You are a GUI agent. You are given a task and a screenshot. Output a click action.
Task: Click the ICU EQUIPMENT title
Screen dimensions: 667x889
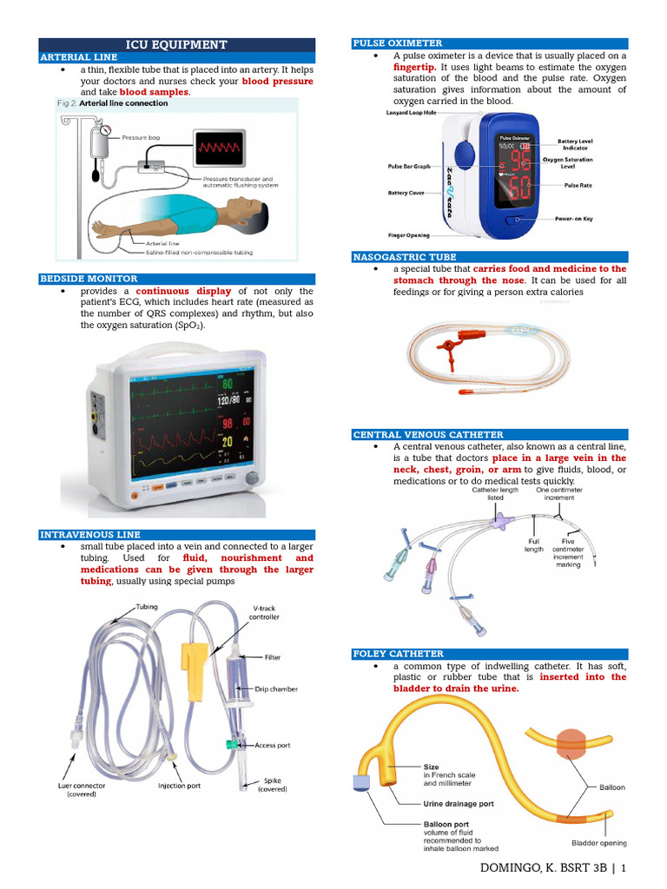pyautogui.click(x=176, y=44)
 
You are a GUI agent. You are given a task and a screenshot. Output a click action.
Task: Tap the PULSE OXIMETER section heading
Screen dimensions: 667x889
pyautogui.click(x=397, y=43)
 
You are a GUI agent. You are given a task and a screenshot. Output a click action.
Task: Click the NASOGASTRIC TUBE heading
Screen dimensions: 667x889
pyautogui.click(x=404, y=257)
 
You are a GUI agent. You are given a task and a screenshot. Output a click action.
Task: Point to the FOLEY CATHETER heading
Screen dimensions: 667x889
pyautogui.click(x=398, y=653)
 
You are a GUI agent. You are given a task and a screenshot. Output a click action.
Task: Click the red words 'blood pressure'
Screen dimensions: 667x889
pyautogui.click(x=277, y=81)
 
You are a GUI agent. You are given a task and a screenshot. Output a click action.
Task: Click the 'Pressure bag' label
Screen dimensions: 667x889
pyautogui.click(x=140, y=138)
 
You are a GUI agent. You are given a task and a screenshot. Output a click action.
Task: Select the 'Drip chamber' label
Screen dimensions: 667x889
pyautogui.click(x=276, y=689)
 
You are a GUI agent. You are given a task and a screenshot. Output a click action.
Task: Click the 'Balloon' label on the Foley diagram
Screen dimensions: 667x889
pyautogui.click(x=611, y=787)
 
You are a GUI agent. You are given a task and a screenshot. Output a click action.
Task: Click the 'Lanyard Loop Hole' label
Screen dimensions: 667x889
pyautogui.click(x=411, y=113)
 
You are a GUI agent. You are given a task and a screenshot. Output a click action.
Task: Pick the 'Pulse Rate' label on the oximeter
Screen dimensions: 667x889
pyautogui.click(x=578, y=185)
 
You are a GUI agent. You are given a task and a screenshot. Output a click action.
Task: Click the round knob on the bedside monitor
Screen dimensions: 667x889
pyautogui.click(x=252, y=477)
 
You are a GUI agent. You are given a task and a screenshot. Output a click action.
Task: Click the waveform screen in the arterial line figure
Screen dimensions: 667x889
pyautogui.click(x=218, y=149)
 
